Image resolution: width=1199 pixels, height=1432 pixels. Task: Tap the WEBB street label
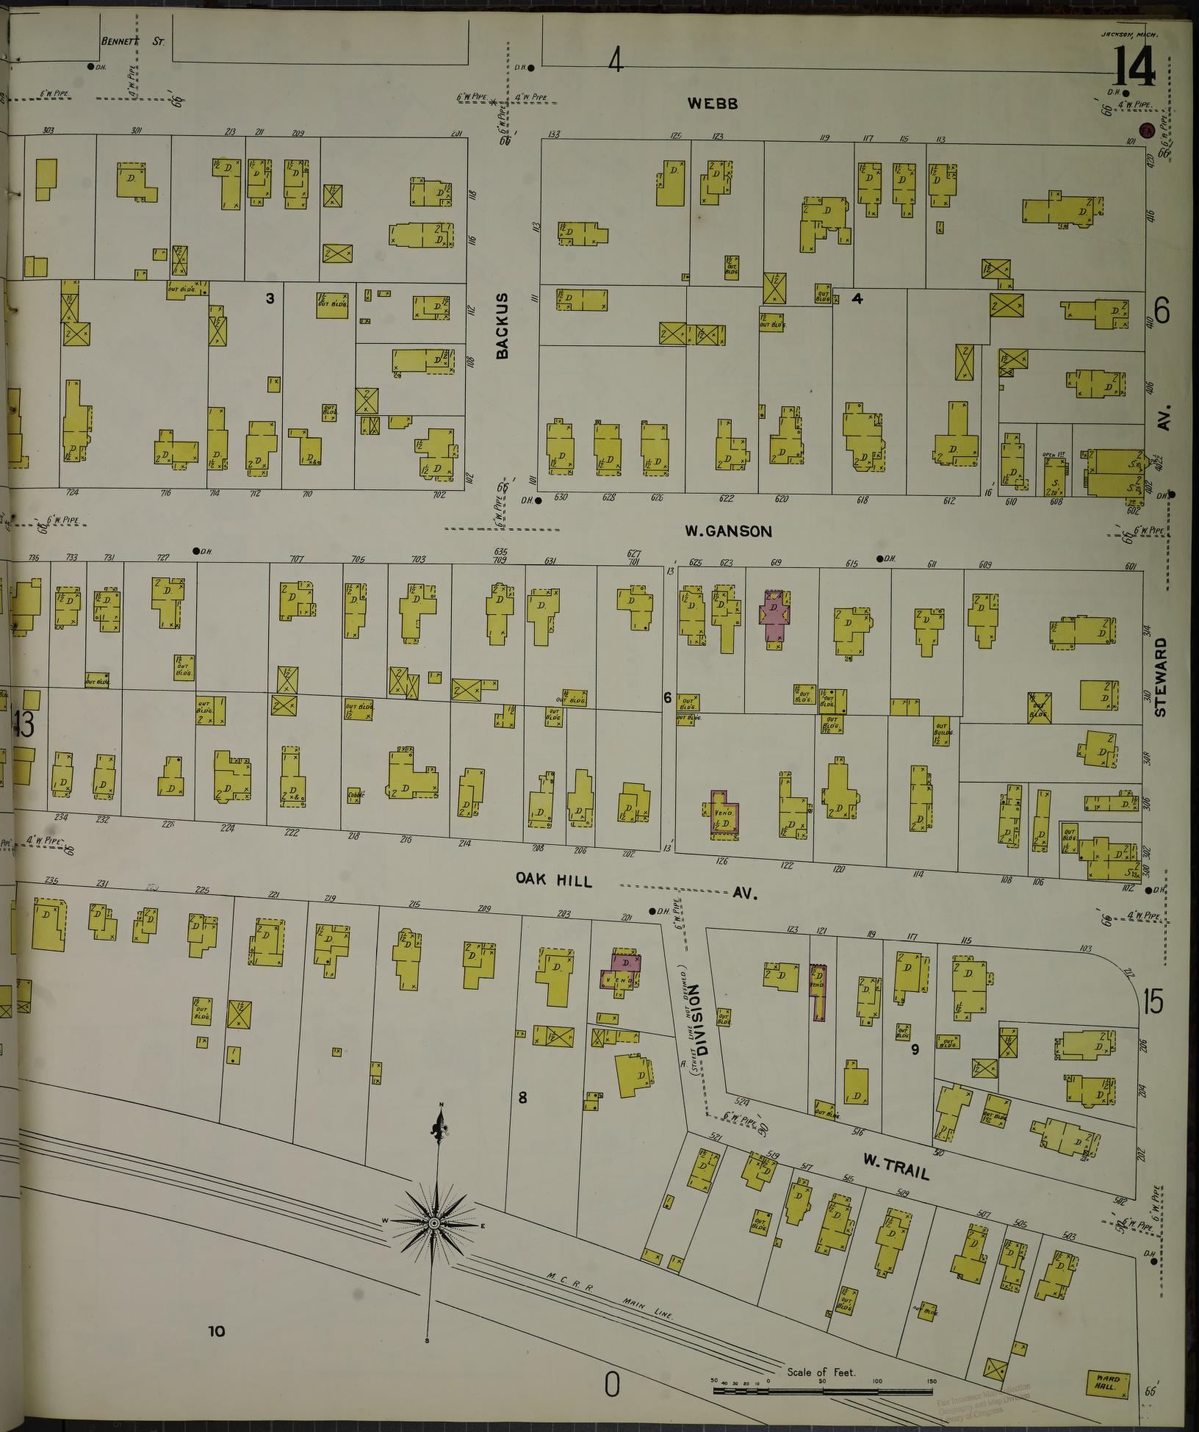click(712, 104)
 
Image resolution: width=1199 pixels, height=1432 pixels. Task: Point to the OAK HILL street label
click(553, 879)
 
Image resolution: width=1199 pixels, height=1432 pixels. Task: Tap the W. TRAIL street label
click(896, 1167)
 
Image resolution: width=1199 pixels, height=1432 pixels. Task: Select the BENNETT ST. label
click(132, 42)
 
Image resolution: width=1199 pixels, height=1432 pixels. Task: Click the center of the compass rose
click(433, 1223)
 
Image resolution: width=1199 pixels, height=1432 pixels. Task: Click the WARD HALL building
click(1107, 1384)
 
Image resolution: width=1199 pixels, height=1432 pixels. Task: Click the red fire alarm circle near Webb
click(1145, 131)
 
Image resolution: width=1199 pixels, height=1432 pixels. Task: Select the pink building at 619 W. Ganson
click(773, 616)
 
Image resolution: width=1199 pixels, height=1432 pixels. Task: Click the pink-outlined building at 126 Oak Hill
click(725, 814)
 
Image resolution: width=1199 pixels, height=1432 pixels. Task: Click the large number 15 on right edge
click(1153, 1002)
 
